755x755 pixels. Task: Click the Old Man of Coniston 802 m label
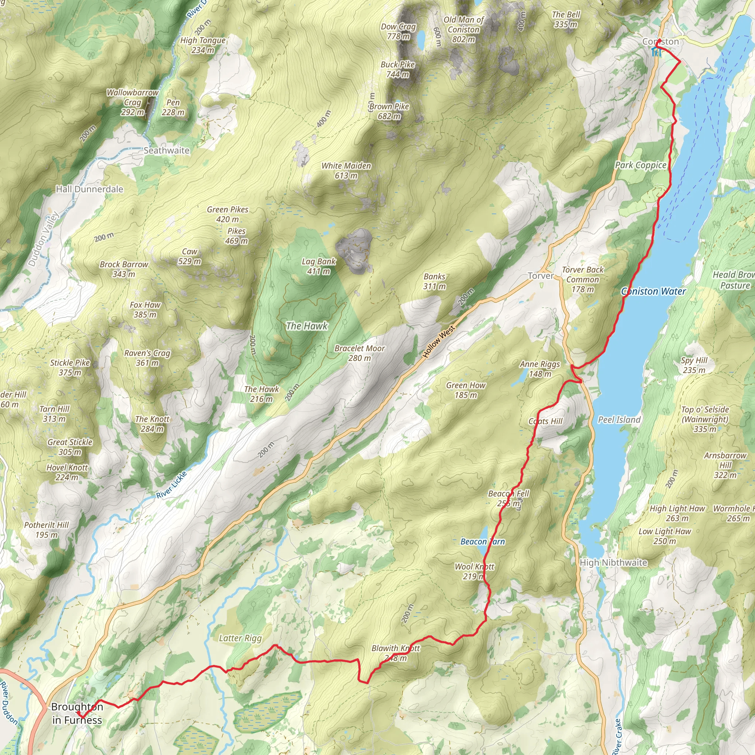point(463,30)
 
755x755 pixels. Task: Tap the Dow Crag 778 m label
point(398,32)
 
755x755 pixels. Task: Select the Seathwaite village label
point(167,150)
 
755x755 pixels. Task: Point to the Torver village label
point(540,276)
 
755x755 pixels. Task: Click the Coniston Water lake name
point(653,291)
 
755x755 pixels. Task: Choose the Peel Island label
point(619,420)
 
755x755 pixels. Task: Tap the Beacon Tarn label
point(483,542)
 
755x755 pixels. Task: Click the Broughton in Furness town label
point(77,713)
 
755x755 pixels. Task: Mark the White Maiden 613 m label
point(346,171)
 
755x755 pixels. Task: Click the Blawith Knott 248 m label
point(396,653)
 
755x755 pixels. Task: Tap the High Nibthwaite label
point(613,562)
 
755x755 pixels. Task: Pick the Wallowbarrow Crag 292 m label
point(132,102)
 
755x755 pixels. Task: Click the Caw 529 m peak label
point(189,256)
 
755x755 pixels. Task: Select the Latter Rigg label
point(240,638)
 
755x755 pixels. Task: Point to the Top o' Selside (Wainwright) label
point(705,419)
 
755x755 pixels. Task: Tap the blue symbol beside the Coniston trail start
point(657,52)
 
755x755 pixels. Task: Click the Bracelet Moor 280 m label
point(359,353)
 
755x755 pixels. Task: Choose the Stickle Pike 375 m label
point(70,367)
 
